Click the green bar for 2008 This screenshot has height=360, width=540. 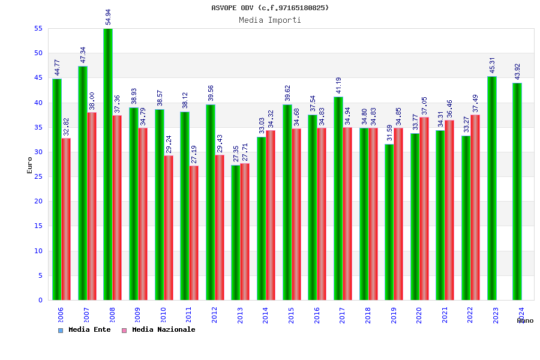click(x=108, y=164)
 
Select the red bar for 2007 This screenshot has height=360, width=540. click(x=92, y=206)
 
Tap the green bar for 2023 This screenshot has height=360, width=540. click(x=492, y=188)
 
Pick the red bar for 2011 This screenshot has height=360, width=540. click(x=194, y=233)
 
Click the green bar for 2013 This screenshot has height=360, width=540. click(x=236, y=232)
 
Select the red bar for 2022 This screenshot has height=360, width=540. click(x=475, y=207)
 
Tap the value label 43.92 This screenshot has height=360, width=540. click(x=517, y=71)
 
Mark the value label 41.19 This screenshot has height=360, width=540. click(x=338, y=85)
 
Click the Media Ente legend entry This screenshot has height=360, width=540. click(x=85, y=329)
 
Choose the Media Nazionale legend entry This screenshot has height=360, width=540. click(x=158, y=329)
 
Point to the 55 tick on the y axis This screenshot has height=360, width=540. click(x=38, y=28)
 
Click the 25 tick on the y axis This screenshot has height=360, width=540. click(x=38, y=176)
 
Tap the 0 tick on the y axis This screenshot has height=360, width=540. click(x=40, y=300)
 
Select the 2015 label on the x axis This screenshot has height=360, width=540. click(x=291, y=316)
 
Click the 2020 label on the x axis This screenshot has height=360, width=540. click(x=419, y=316)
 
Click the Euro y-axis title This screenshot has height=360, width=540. click(x=30, y=165)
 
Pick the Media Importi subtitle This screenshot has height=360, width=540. click(x=270, y=20)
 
